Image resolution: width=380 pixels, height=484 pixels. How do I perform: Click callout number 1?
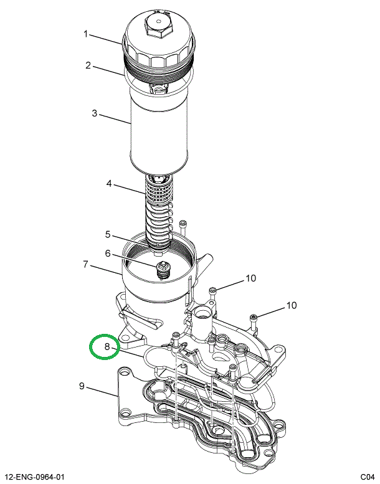87,34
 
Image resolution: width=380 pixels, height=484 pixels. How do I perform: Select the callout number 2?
88,65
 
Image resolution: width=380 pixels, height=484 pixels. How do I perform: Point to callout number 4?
109,184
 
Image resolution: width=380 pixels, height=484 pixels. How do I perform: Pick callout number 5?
108,235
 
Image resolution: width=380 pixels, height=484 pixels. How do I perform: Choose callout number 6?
108,254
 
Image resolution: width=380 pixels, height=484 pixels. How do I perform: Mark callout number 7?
87,264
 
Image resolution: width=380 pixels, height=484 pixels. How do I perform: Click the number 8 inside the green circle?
107,347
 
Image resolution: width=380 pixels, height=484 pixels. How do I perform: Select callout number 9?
82,386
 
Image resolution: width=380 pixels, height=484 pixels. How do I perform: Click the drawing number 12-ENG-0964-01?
35,477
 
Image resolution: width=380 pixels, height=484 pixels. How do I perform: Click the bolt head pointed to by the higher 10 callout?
212,290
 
